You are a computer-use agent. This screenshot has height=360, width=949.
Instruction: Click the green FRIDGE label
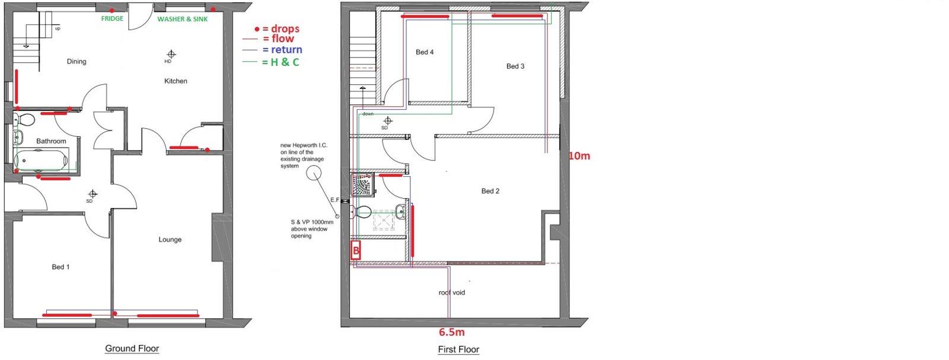click(112, 18)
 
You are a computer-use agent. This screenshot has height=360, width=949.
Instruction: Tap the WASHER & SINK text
click(183, 19)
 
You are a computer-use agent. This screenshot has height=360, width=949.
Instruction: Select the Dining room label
click(77, 62)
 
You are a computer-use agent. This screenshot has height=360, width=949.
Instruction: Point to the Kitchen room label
click(176, 81)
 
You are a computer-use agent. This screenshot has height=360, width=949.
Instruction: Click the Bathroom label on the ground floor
click(51, 141)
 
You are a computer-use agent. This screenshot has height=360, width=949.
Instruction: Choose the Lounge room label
click(170, 240)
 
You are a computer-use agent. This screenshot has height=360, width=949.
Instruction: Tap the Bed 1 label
click(60, 267)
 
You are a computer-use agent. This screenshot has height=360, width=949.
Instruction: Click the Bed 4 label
click(425, 52)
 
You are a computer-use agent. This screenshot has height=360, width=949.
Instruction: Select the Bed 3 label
click(515, 66)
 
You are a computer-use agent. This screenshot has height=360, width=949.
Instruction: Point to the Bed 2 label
click(490, 191)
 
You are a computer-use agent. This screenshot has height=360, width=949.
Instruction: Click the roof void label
click(451, 292)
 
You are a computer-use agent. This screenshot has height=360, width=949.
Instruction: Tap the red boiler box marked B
click(356, 250)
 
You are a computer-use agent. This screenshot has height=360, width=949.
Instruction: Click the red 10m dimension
click(579, 156)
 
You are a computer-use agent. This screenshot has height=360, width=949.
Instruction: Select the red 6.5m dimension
click(451, 333)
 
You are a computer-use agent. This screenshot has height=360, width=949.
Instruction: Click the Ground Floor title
click(132, 349)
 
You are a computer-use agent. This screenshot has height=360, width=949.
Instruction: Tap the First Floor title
click(458, 350)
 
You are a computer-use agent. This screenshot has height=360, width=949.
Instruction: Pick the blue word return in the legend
click(286, 50)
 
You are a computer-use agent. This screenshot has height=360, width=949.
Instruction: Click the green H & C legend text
click(285, 62)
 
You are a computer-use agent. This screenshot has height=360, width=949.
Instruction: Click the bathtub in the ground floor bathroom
click(41, 161)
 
